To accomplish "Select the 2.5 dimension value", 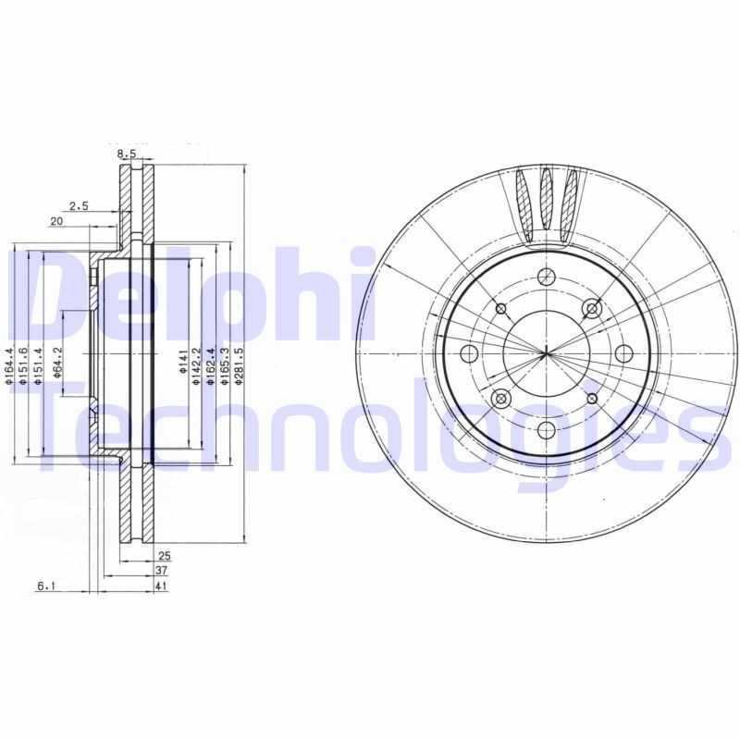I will click(x=79, y=206).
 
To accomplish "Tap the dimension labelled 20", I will click(x=56, y=221).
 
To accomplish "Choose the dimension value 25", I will click(x=165, y=557).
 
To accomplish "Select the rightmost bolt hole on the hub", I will click(x=623, y=352).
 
